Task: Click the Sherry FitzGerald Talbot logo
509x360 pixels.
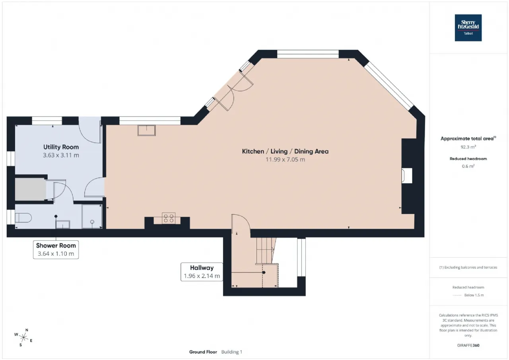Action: click(468, 28)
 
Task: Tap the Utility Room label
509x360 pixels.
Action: click(61, 147)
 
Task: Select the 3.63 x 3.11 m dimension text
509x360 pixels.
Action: click(61, 155)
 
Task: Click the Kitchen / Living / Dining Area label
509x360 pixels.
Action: click(285, 152)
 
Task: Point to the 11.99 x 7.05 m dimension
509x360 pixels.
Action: click(285, 160)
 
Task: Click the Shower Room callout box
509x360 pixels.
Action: click(56, 249)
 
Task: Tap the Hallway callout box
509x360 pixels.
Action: click(202, 272)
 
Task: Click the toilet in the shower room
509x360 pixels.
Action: click(23, 218)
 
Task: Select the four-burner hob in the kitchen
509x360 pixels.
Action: click(168, 218)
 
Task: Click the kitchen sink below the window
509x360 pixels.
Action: click(147, 130)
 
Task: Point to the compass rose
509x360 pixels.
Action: click(23, 337)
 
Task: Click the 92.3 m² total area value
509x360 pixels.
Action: click(468, 147)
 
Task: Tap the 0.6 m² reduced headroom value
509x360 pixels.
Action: click(468, 166)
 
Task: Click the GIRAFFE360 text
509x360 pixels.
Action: click(468, 345)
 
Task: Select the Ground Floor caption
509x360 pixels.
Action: click(203, 352)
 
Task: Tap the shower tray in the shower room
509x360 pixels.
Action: click(92, 216)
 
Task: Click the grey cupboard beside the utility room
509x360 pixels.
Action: click(30, 189)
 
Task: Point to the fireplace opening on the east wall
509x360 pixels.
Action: click(407, 175)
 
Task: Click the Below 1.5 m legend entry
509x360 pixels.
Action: click(474, 295)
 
